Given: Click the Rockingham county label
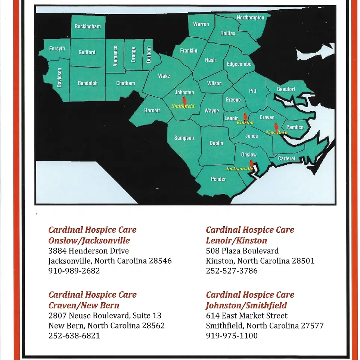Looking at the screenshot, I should pyautogui.click(x=87, y=27).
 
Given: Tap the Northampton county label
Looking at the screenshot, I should pyautogui.click(x=250, y=18).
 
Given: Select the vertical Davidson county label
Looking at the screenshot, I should pyautogui.click(x=59, y=78).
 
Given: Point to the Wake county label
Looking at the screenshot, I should pyautogui.click(x=164, y=76).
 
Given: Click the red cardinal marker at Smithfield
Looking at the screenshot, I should pyautogui.click(x=184, y=100).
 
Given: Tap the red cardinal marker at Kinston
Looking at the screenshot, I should pyautogui.click(x=245, y=117).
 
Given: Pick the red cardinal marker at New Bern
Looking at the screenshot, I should pyautogui.click(x=276, y=127).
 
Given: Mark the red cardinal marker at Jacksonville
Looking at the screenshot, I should pyautogui.click(x=251, y=163).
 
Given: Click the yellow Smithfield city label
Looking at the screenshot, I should pyautogui.click(x=183, y=106).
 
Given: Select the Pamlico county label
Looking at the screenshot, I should pyautogui.click(x=295, y=127).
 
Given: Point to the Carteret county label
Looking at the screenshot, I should pyautogui.click(x=287, y=158).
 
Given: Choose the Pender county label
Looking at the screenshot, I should pyautogui.click(x=218, y=179).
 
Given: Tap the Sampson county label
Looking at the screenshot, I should pyautogui.click(x=184, y=138).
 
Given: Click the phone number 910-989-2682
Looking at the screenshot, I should pyautogui.click(x=74, y=271).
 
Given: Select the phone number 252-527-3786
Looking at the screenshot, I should pyautogui.click(x=232, y=271).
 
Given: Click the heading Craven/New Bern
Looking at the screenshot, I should pyautogui.click(x=84, y=305).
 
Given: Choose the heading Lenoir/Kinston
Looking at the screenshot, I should pyautogui.click(x=236, y=240).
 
